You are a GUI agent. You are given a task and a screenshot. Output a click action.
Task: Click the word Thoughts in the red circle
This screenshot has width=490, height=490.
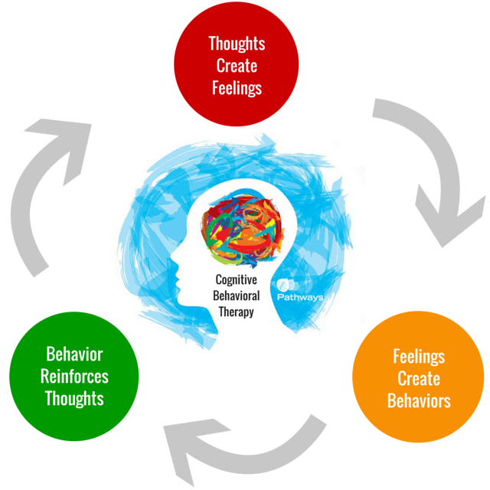pos(237,44)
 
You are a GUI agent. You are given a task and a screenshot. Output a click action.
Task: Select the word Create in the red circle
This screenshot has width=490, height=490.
pos(237,66)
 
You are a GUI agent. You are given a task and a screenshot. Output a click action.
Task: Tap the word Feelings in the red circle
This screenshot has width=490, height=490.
pos(237,87)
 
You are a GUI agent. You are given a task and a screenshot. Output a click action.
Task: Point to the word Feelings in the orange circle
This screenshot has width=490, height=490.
pos(419,356)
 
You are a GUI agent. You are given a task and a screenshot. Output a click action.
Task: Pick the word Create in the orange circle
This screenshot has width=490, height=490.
pos(419,378)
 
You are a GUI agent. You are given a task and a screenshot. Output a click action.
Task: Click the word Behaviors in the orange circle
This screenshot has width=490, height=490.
pos(419,400)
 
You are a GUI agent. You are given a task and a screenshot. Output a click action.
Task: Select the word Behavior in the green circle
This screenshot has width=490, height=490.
pos(74,354)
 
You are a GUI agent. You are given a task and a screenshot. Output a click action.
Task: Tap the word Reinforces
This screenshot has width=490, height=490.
pos(74,377)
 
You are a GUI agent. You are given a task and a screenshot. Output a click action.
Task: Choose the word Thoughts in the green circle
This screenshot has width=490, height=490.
pos(74,399)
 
